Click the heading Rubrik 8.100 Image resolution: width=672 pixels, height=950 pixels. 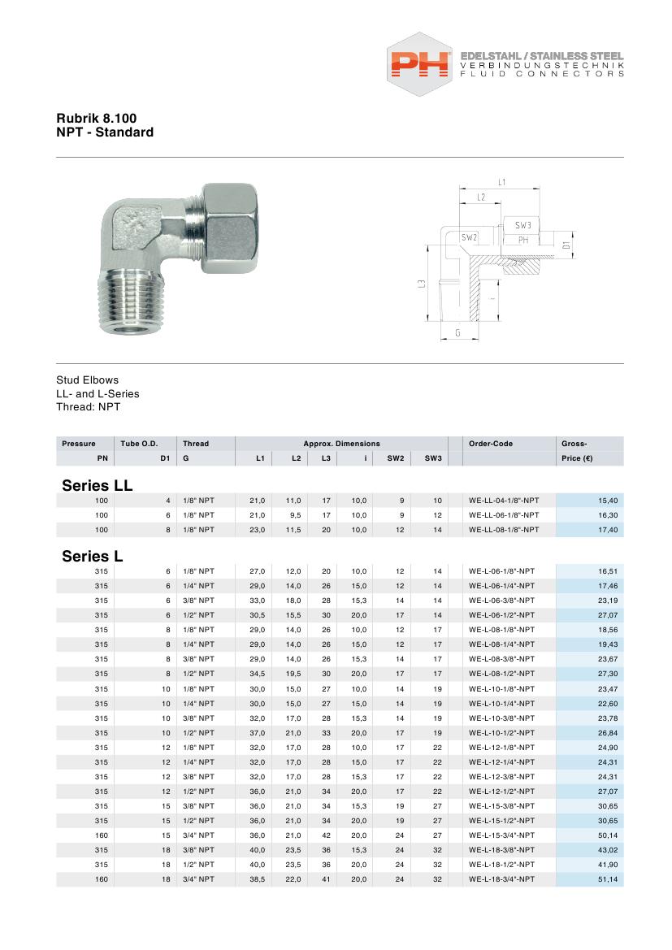tap(91, 118)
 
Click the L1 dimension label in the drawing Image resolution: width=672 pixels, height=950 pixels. tap(502, 182)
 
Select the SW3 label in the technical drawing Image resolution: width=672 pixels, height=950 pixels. tap(522, 225)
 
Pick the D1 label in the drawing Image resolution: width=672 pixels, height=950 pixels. tap(566, 242)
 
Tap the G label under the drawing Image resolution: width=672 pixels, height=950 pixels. tap(457, 333)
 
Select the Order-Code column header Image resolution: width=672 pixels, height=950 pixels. tap(491, 444)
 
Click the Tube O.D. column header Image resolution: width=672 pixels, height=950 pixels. tap(138, 444)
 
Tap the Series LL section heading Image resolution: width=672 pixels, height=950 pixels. tap(97, 485)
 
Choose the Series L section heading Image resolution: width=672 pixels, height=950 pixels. tap(92, 557)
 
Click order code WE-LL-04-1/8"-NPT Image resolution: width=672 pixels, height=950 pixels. tap(504, 501)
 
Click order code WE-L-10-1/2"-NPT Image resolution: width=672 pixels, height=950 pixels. tap(502, 732)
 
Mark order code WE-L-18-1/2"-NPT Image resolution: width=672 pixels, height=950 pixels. tap(502, 865)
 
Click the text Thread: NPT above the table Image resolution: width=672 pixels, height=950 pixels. tap(88, 407)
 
